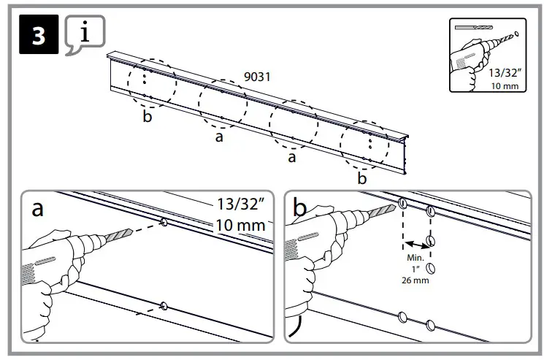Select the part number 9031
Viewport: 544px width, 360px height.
tap(257, 75)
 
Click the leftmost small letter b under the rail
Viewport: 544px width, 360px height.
tap(148, 119)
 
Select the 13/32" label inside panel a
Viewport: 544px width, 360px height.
tap(240, 204)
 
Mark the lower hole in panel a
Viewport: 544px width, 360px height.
tap(163, 307)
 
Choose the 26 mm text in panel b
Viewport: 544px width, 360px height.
tap(414, 280)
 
